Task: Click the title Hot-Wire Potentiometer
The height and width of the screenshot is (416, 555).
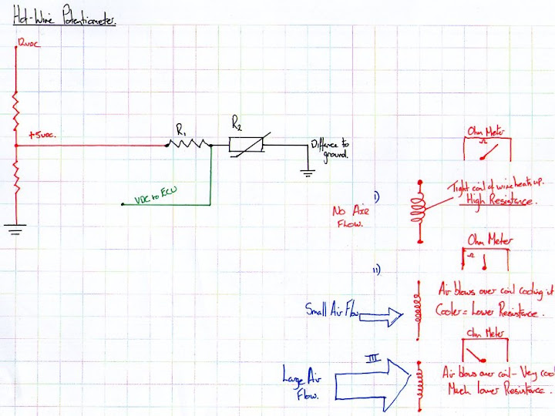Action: click(x=65, y=21)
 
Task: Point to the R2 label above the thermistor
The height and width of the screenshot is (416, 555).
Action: click(x=238, y=121)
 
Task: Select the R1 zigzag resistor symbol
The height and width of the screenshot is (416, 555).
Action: click(x=187, y=143)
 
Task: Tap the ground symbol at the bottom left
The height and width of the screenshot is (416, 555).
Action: click(x=15, y=227)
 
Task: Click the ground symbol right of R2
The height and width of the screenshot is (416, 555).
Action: click(x=307, y=172)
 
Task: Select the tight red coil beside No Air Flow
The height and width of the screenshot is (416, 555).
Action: click(x=420, y=208)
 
